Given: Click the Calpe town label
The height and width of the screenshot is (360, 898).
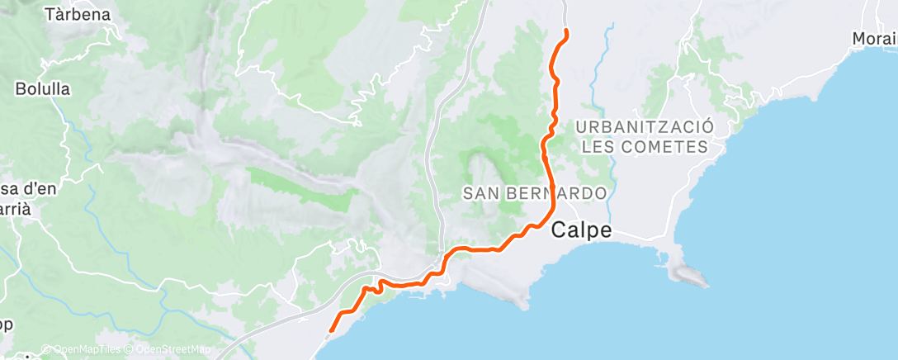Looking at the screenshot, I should coord(582,230).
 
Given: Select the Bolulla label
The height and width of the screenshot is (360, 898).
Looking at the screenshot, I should coord(42,88).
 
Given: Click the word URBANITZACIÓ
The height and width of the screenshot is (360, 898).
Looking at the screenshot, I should coord(644,127).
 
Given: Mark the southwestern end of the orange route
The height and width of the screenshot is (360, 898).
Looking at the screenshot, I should coord(330,331).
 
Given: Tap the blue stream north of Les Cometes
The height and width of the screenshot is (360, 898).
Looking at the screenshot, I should coord(607,58).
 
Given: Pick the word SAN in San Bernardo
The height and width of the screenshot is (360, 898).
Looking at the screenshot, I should coord(480,193).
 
